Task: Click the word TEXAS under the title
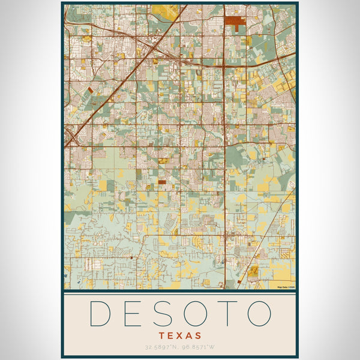coord(180,335)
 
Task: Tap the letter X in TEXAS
coord(180,335)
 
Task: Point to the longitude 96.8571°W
coord(200,347)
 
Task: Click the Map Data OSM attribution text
coord(286,287)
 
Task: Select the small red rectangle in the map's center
coord(161,181)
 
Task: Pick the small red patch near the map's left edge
coord(91,90)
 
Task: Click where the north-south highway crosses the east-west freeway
coord(224,64)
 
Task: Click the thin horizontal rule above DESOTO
coord(180,293)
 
